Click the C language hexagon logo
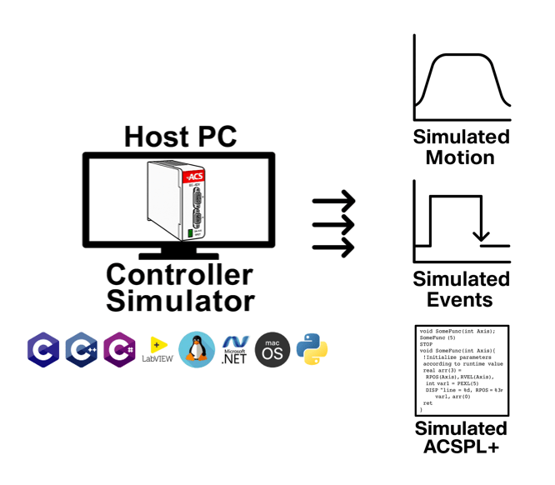[43, 351]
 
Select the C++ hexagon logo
[82, 351]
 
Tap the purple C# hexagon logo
[120, 351]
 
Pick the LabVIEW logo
[157, 351]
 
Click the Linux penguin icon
[197, 351]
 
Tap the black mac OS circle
[272, 350]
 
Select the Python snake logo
[312, 350]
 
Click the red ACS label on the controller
[194, 177]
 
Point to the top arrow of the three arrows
[334, 201]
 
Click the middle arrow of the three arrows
[334, 224]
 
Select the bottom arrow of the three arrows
[334, 247]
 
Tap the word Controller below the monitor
[179, 274]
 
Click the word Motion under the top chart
[460, 157]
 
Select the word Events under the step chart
[460, 299]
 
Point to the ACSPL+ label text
[461, 447]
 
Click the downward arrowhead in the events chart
[481, 237]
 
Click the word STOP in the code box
[427, 343]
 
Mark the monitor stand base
[178, 255]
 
